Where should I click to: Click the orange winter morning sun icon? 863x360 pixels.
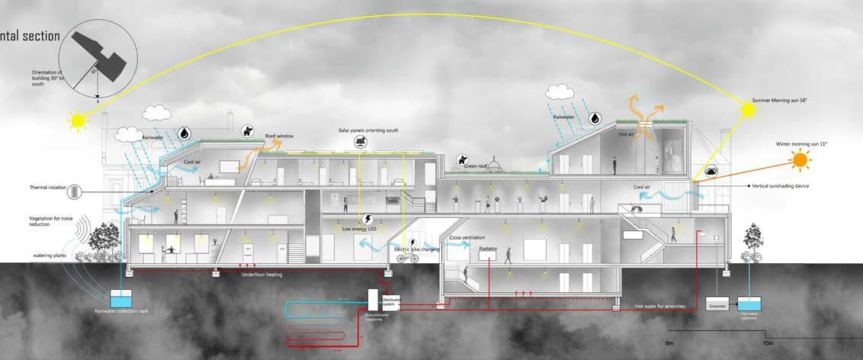800,160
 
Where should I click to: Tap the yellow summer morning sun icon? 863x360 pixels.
749,110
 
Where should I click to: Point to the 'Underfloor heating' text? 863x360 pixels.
261,274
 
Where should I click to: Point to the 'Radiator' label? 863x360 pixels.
488,249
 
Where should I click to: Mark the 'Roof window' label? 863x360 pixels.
280,136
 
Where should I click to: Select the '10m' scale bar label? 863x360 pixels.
768,342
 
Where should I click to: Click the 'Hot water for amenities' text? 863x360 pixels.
660,307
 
